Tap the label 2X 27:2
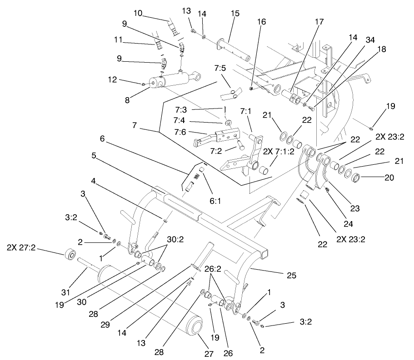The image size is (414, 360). tap(21, 248)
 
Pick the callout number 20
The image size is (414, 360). tap(389, 178)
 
